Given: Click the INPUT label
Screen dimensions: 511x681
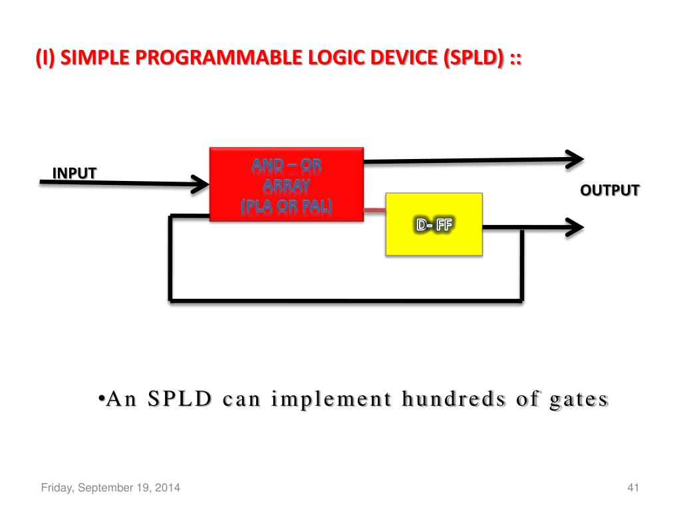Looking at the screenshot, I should click(x=74, y=173).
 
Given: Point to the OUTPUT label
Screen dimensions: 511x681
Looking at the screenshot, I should click(x=609, y=190).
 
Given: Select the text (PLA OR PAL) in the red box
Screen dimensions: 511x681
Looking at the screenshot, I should click(x=287, y=206).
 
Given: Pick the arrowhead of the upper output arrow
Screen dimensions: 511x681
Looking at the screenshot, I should click(x=574, y=158).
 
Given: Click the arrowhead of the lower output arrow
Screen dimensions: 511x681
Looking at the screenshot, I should click(x=574, y=227).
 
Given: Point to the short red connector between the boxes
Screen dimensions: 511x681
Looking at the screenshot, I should click(x=374, y=210).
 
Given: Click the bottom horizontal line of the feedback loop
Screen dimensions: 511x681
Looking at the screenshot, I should click(x=346, y=300).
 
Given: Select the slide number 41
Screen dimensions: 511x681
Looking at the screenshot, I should click(x=632, y=489).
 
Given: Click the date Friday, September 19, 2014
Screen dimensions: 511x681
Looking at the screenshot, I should click(x=110, y=489).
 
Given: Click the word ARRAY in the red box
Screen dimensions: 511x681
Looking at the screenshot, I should click(x=287, y=186).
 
